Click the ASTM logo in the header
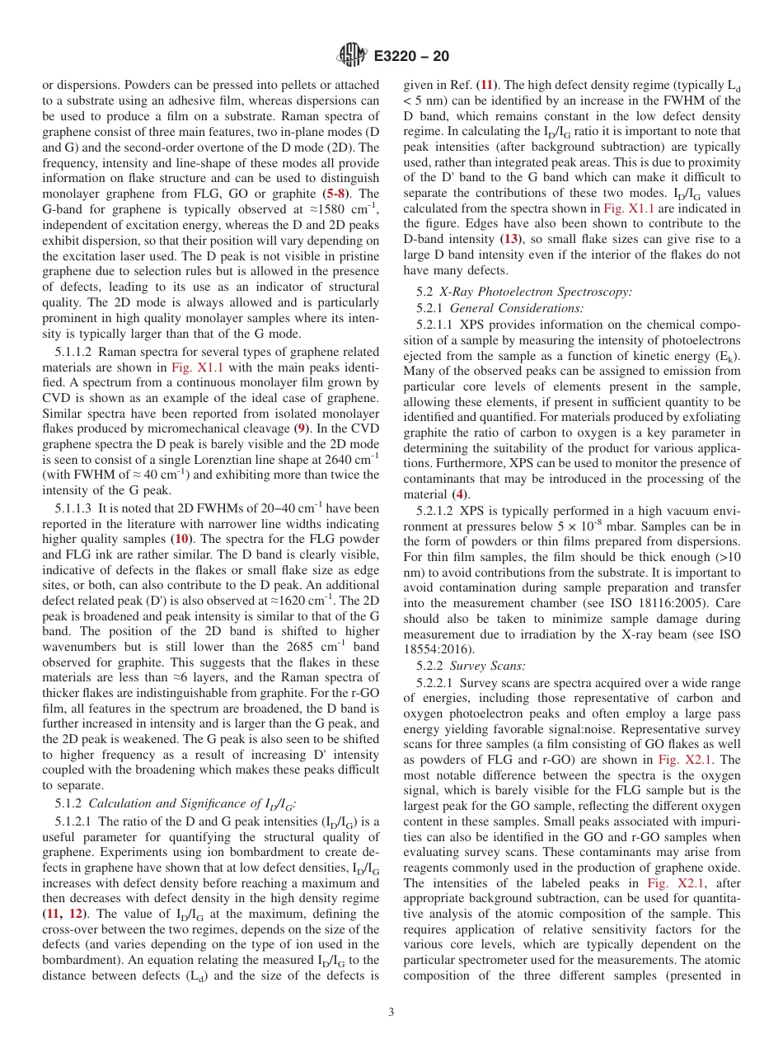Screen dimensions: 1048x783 tap(352, 56)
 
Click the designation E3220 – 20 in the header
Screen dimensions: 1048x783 tap(411, 57)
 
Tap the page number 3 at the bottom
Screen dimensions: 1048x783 tap(391, 1013)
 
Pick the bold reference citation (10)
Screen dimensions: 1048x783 tap(182, 539)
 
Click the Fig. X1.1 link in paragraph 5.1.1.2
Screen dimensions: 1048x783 tap(196, 367)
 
